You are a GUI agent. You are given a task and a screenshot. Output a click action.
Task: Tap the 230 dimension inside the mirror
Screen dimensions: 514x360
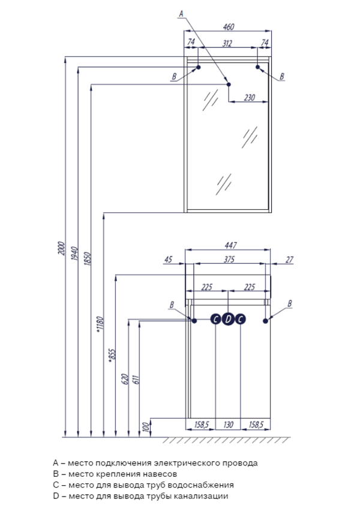click(250, 97)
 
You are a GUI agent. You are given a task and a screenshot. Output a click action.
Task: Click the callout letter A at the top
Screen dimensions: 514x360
click(181, 11)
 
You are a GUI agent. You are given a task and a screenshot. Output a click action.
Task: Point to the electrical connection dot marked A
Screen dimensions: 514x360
click(228, 84)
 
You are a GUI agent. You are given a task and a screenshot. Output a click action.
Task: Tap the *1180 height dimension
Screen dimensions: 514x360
click(100, 324)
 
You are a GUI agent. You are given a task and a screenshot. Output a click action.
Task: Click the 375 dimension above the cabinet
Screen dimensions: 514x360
click(227, 260)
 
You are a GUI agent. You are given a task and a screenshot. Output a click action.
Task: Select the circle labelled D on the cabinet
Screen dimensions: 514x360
click(227, 320)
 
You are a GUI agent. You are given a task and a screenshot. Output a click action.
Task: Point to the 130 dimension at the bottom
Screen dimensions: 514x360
click(227, 425)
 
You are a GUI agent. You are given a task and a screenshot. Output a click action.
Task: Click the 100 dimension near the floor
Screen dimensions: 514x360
click(145, 427)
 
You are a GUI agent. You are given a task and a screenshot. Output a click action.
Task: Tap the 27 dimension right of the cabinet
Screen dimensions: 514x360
click(289, 260)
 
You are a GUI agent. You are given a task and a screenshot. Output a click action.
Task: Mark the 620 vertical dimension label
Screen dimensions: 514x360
click(125, 378)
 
